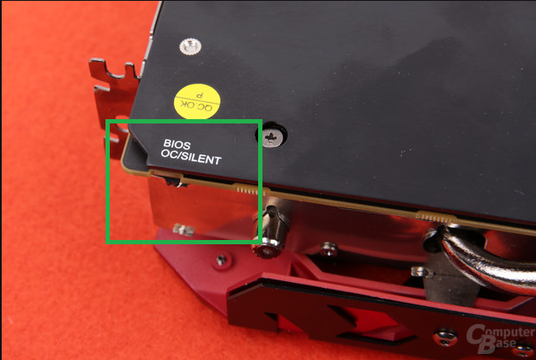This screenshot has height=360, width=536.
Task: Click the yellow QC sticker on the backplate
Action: coord(197,101)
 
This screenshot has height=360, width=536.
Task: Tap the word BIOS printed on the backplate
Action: coord(177,145)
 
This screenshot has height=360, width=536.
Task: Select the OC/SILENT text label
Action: coord(191,157)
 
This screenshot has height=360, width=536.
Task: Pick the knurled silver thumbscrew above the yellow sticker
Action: coord(190,46)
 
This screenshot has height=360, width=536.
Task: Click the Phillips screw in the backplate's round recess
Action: coord(273,137)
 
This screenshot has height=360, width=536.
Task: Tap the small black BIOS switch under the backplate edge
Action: coord(177,183)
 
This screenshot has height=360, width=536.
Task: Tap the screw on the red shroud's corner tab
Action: coord(221,261)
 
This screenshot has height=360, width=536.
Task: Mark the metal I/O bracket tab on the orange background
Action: coord(115,99)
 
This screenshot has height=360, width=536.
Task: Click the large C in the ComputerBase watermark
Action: coord(477,335)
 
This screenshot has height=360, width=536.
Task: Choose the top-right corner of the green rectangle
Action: coord(262,121)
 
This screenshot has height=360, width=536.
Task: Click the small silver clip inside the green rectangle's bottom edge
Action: coord(184,230)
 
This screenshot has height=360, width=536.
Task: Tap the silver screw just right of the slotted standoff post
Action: coord(328,249)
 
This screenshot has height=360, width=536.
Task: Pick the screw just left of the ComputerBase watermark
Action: coord(446,338)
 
